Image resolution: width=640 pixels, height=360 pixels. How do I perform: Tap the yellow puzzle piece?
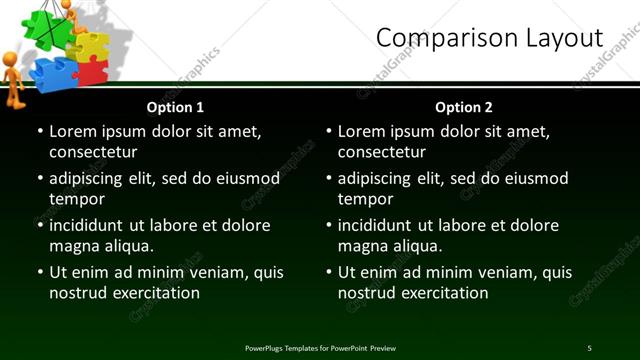coord(89,46)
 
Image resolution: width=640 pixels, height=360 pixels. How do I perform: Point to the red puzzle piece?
coord(91,72)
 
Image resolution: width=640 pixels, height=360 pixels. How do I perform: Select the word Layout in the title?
coord(560,38)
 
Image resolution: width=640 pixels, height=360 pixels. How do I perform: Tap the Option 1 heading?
coord(175,107)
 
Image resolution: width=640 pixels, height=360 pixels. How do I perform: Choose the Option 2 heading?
coord(464,107)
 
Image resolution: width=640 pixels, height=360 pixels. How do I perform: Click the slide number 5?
coord(589,348)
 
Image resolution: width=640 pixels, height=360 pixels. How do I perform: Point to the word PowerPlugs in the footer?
coord(268,348)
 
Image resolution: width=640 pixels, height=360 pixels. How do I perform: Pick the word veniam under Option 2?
coord(497,272)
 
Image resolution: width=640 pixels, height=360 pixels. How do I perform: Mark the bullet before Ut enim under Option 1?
coord(40,272)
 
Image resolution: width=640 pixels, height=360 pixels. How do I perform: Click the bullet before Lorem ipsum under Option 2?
coord(329,131)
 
